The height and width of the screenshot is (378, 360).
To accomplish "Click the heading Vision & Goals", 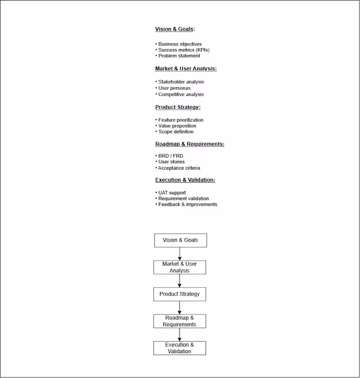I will [x=175, y=29].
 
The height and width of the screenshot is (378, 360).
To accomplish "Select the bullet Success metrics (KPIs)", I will [x=184, y=50].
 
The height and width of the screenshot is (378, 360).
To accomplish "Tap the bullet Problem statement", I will [x=179, y=56].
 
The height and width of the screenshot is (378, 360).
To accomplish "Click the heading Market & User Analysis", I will [x=186, y=69].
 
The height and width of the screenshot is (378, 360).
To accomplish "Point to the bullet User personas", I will [x=174, y=88].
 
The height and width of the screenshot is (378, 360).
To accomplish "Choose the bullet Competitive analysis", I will [x=180, y=94].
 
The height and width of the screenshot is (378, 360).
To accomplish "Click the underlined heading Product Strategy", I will [x=178, y=108].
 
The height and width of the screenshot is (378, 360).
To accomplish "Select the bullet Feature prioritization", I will [x=180, y=120].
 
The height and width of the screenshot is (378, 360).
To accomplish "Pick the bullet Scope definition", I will [x=175, y=132].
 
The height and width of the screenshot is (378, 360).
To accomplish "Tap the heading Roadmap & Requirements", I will [x=189, y=144].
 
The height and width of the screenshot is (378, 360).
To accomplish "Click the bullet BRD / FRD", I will [x=170, y=156].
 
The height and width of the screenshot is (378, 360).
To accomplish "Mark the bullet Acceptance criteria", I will [x=179, y=168].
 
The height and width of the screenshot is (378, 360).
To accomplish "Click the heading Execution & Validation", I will [x=185, y=180].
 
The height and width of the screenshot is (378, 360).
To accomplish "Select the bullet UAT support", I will [x=171, y=193].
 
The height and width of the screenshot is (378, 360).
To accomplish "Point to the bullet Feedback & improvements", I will [x=187, y=204].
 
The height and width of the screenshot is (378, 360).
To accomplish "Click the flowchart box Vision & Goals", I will [x=180, y=240].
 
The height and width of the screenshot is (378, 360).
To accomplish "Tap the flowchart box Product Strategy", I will [x=180, y=294].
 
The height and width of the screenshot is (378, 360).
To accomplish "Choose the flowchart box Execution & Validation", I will [x=180, y=348].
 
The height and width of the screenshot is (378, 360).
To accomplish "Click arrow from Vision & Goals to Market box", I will [x=180, y=254].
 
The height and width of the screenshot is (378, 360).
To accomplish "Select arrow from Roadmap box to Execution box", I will [x=180, y=334].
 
